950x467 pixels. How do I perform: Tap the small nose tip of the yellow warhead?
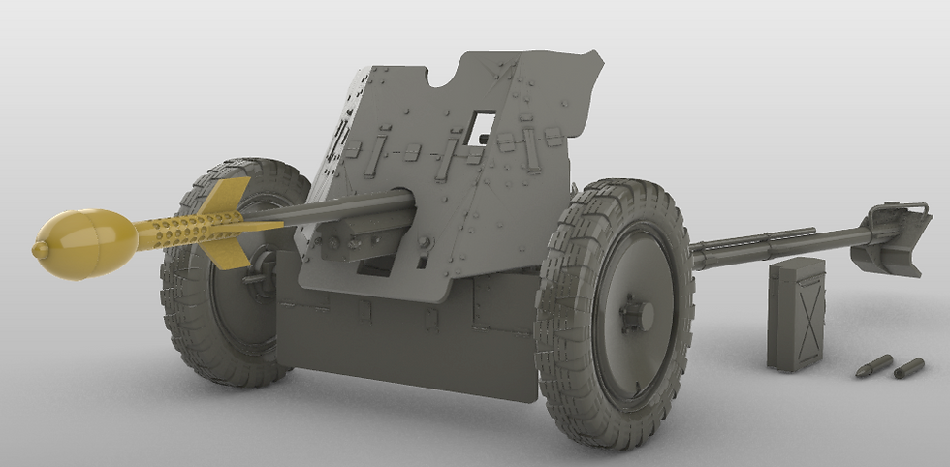tap(40, 250)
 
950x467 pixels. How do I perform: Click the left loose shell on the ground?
tap(874, 365)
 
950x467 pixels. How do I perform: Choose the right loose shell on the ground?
tap(908, 367)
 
